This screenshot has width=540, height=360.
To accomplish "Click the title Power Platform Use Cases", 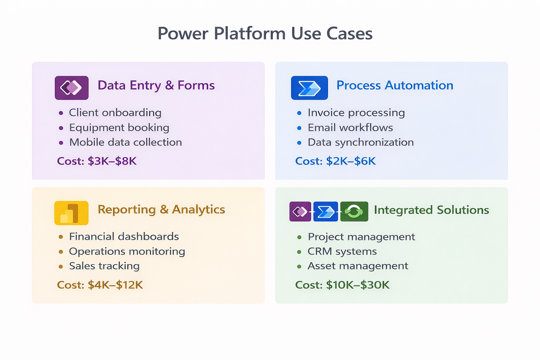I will pyautogui.click(x=265, y=34).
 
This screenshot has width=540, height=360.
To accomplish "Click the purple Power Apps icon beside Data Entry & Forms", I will pyautogui.click(x=71, y=88).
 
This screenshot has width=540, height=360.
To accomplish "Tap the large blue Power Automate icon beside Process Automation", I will pyautogui.click(x=309, y=88).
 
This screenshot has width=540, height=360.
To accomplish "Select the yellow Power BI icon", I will pyautogui.click(x=71, y=213).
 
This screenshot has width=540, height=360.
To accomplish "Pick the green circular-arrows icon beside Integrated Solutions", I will pyautogui.click(x=354, y=211).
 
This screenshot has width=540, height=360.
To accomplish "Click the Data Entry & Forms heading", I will pyautogui.click(x=156, y=85).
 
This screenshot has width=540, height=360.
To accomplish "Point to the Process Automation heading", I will pyautogui.click(x=394, y=85).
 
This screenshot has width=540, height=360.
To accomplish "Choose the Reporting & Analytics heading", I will pyautogui.click(x=161, y=210).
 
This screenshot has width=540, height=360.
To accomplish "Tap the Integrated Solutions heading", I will pyautogui.click(x=431, y=210).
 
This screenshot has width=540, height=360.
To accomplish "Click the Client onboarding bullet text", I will pyautogui.click(x=115, y=113).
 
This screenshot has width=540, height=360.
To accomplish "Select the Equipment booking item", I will pyautogui.click(x=119, y=128).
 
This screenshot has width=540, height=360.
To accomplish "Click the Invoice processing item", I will pyautogui.click(x=356, y=113).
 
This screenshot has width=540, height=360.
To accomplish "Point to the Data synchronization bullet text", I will pyautogui.click(x=360, y=142).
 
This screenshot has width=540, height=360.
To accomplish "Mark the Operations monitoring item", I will pyautogui.click(x=127, y=251).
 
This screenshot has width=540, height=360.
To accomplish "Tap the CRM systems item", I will pyautogui.click(x=342, y=251).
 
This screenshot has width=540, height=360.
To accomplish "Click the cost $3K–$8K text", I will pyautogui.click(x=97, y=161).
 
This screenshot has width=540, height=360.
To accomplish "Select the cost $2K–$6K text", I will pyautogui.click(x=335, y=161).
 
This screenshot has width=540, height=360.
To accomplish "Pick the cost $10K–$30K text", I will pyautogui.click(x=342, y=285).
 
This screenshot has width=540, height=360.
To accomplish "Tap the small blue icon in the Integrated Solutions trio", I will pyautogui.click(x=326, y=211).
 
